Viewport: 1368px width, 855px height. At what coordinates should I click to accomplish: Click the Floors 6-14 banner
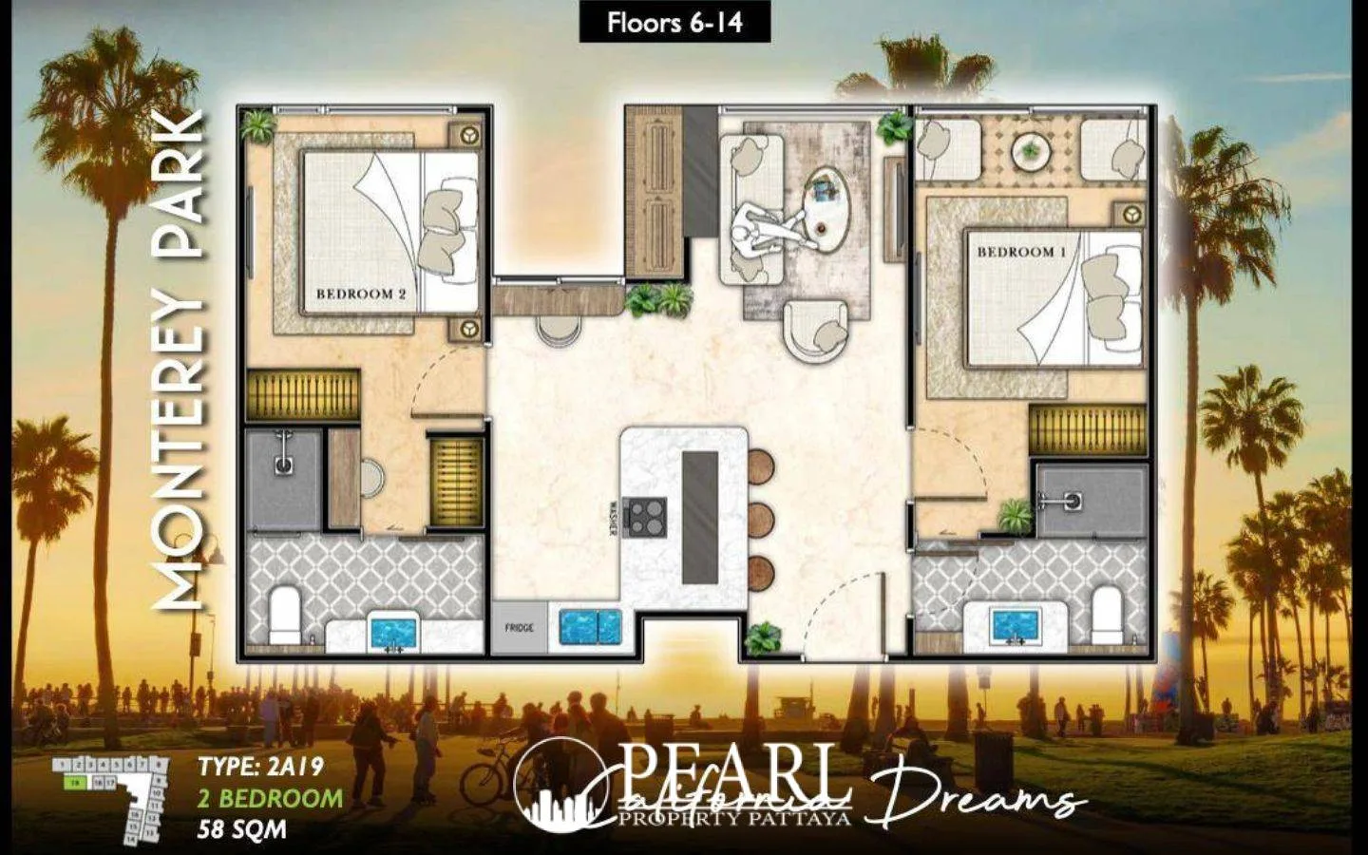pos(674,23)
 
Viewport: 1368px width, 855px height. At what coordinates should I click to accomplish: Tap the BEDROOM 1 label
pos(1022,253)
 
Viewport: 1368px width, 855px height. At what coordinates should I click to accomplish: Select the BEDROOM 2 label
pos(361,294)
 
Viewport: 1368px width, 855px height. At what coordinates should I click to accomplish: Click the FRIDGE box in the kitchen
pos(519,628)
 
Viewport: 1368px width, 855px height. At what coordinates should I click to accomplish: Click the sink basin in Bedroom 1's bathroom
pos(1016,625)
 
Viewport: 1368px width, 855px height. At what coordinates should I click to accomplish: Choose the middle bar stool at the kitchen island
pos(760,521)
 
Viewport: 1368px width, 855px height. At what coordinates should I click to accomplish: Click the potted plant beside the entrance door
pos(762,638)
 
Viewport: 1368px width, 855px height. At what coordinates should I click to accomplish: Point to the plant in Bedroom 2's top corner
pos(257,125)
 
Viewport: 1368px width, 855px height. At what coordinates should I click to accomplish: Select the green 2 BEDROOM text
pos(270,798)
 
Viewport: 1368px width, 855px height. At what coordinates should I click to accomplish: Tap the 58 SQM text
pos(241,829)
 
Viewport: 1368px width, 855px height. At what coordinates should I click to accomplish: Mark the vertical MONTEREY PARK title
pos(180,361)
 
